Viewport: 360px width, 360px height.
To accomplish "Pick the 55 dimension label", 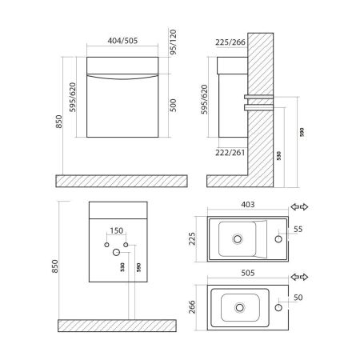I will pyautogui.click(x=298, y=229).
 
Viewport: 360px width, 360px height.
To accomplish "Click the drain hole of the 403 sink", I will pyautogui.click(x=237, y=238).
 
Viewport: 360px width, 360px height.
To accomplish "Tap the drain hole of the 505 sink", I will pyautogui.click(x=239, y=305).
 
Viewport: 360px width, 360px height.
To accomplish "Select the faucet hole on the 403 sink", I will pyautogui.click(x=278, y=238).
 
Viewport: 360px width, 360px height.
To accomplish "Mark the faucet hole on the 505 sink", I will pyautogui.click(x=279, y=306).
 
